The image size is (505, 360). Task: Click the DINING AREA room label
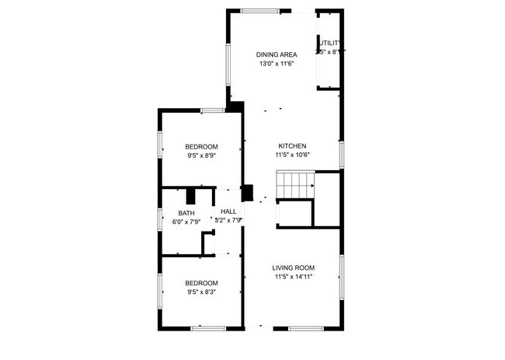[x=277, y=54]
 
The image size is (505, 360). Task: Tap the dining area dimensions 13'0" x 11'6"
[x=277, y=64]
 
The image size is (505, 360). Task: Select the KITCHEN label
[x=293, y=145]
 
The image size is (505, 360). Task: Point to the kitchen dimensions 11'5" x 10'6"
[x=293, y=155]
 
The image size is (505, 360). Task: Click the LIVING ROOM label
[x=293, y=267]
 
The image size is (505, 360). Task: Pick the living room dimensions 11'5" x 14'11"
[x=293, y=277]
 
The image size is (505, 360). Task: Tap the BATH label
[x=186, y=213]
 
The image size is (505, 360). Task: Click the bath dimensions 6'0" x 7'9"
[x=186, y=222]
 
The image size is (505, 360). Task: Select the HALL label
[x=228, y=211]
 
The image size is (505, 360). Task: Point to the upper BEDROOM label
[x=201, y=147]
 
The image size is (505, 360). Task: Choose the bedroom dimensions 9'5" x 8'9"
[x=201, y=156]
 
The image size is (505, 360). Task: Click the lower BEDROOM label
[x=201, y=283]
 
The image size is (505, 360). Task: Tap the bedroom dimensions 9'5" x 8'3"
[x=201, y=292]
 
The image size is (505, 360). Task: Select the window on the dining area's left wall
[x=228, y=65]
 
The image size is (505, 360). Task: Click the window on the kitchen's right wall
[x=341, y=154]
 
